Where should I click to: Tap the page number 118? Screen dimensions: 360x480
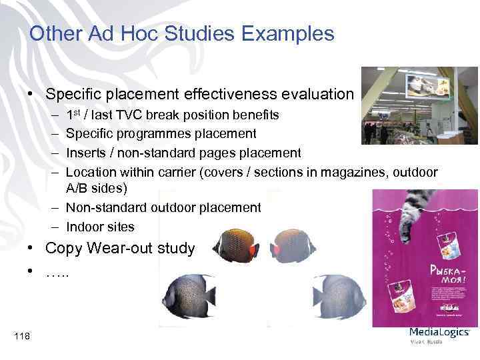pos(21,337)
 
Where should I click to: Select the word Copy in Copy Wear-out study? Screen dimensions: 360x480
pos(66,249)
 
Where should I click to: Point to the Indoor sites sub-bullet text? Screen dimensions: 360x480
pos(100,227)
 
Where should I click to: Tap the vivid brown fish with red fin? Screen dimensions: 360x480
pos(235,245)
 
